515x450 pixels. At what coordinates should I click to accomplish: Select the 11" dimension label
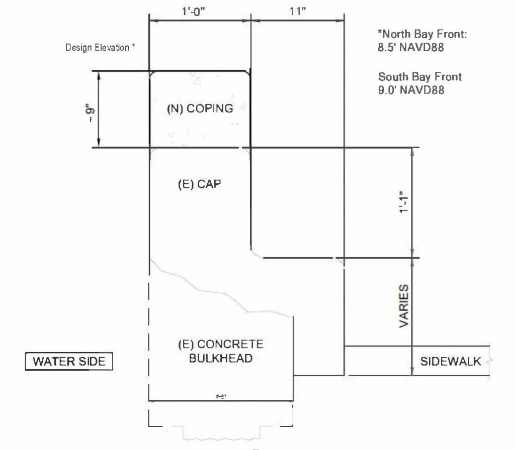(x=297, y=12)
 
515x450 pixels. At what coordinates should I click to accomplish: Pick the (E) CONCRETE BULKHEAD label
(x=221, y=352)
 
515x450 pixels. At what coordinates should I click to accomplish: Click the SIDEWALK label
(x=451, y=361)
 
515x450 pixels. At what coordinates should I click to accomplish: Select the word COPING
(x=211, y=108)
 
